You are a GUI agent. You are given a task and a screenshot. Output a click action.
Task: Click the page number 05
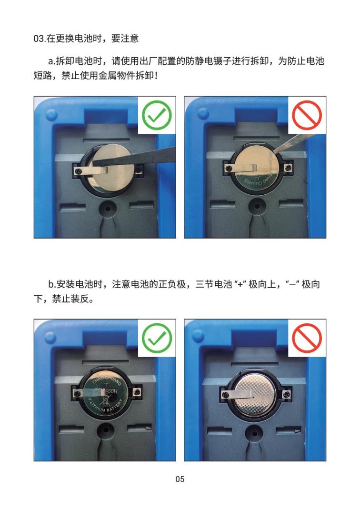tap(180, 479)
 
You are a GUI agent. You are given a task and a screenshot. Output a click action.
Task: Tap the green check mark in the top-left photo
tap(157, 115)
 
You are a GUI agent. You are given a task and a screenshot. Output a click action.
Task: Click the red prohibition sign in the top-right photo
tap(307, 115)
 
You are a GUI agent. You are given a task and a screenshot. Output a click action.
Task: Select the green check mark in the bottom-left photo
tap(157, 338)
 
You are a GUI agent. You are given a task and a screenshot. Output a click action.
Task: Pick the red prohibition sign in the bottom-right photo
tap(307, 338)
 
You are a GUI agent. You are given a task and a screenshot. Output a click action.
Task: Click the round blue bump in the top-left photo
tap(51, 114)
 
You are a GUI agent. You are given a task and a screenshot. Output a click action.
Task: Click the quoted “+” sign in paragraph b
tap(240, 285)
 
